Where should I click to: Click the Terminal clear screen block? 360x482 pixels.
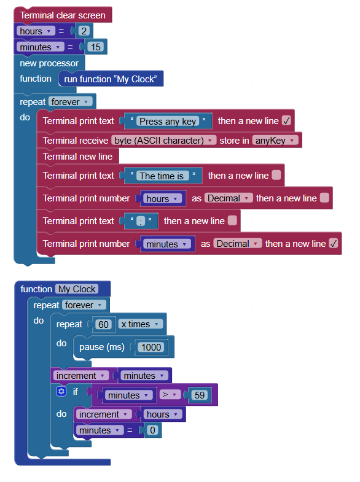(x=63, y=15)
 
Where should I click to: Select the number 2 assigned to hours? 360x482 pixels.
(x=84, y=31)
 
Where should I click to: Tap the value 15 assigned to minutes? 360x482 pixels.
(x=96, y=47)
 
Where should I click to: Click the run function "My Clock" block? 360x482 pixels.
(x=111, y=79)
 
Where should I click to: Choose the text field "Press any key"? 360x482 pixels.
(x=168, y=121)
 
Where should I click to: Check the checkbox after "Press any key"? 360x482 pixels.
(x=286, y=121)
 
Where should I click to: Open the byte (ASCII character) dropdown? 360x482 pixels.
(x=164, y=141)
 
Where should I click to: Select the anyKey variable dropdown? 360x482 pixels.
(x=275, y=141)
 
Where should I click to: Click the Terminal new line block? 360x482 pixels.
(x=78, y=156)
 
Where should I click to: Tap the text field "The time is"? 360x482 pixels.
(x=162, y=176)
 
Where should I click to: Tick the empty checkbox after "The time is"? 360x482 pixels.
(x=276, y=175)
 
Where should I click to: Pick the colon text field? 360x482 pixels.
(x=141, y=221)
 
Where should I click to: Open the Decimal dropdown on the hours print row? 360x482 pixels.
(x=229, y=198)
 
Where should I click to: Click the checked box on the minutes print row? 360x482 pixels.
(x=333, y=244)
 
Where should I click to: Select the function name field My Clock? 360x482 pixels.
(x=77, y=289)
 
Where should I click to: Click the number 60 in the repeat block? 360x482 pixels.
(x=103, y=324)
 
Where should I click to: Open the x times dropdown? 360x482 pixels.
(x=141, y=324)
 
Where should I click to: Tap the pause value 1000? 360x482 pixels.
(x=151, y=347)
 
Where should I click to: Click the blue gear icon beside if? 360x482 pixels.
(x=61, y=391)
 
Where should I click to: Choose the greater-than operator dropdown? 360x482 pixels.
(x=170, y=394)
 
